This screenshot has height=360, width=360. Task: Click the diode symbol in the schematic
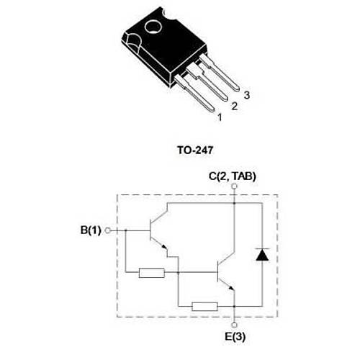[x=262, y=254]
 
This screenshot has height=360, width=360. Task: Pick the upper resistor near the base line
[x=152, y=273]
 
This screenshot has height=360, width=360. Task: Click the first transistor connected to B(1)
[x=158, y=231]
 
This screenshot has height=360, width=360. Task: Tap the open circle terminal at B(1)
[x=107, y=230]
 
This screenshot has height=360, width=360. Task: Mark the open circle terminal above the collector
[x=235, y=186]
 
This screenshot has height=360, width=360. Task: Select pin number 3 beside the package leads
[x=246, y=95]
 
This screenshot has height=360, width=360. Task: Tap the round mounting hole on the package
[x=152, y=31]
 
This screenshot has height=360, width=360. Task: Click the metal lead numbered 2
[x=211, y=87]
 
